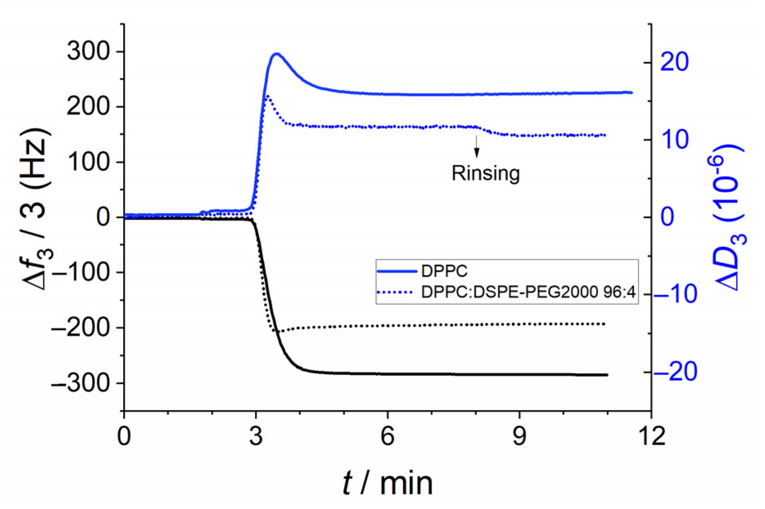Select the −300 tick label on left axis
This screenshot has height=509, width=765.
pyautogui.click(x=81, y=383)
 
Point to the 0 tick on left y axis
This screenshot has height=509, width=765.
pyautogui.click(x=103, y=217)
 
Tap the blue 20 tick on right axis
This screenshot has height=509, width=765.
pyautogui.click(x=675, y=62)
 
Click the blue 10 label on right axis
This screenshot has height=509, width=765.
pyautogui.click(x=675, y=140)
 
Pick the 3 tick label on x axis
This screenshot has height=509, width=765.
pyautogui.click(x=256, y=436)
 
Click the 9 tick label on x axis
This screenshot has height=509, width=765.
pyautogui.click(x=519, y=436)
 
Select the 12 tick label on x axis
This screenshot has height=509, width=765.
pyautogui.click(x=651, y=436)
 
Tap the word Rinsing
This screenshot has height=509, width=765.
pyautogui.click(x=486, y=173)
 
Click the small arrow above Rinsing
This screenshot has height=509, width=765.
pyautogui.click(x=477, y=146)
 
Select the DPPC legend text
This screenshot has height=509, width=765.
pyautogui.click(x=444, y=271)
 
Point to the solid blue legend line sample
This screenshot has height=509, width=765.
pyautogui.click(x=396, y=271)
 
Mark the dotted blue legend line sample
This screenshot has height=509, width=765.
pyautogui.click(x=396, y=292)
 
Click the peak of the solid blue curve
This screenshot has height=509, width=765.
pyautogui.click(x=277, y=54)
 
